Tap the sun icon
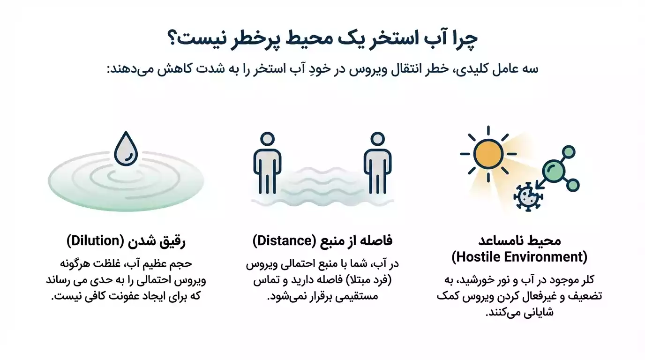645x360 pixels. click(x=488, y=154)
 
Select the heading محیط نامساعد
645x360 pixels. click(x=519, y=241)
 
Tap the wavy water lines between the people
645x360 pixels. click(x=322, y=185)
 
